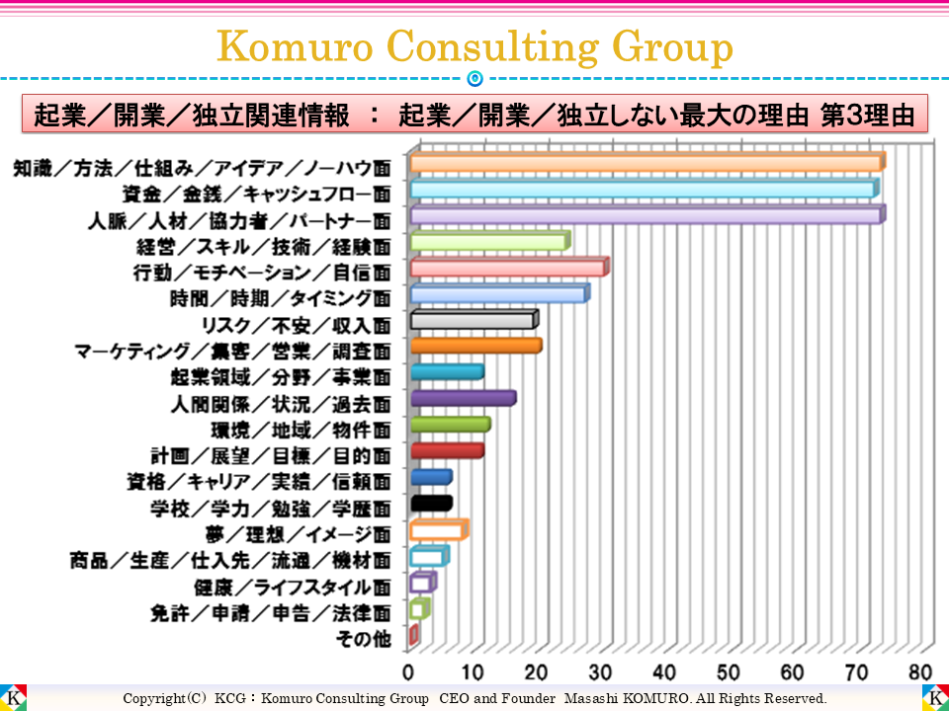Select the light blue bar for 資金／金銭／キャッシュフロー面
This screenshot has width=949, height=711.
tap(643, 189)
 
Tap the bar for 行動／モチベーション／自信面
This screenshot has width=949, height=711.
tap(506, 268)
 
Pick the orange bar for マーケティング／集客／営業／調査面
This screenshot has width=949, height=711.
tap(474, 346)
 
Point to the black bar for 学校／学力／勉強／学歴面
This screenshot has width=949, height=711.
tap(430, 504)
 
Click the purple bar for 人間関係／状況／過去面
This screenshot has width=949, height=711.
tap(461, 399)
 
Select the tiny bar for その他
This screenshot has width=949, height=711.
tap(413, 635)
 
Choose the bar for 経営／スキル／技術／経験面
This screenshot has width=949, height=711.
tap(488, 241)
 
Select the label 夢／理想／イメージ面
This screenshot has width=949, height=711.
tap(298, 534)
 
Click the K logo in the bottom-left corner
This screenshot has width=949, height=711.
tap(14, 697)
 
